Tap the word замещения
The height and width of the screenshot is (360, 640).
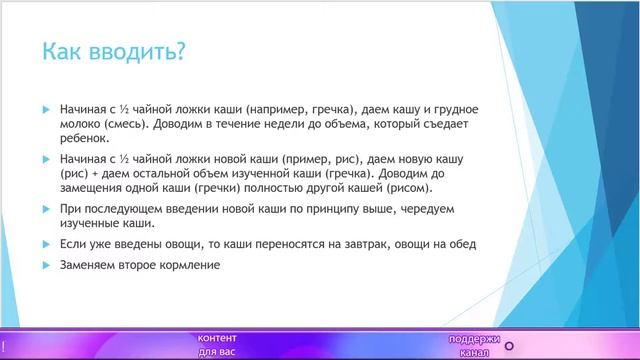coord(96,188)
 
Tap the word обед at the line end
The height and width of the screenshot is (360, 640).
coord(461,244)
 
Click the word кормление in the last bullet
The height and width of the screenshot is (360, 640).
coord(188,265)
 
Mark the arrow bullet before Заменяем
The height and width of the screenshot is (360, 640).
coord(46,265)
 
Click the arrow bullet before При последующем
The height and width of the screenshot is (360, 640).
coord(46,209)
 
